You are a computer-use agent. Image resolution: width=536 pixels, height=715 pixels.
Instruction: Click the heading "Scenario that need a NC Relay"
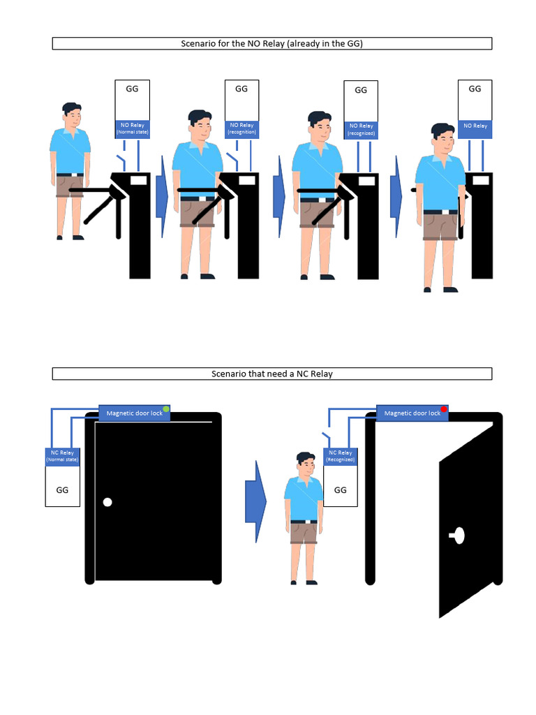point(272,374)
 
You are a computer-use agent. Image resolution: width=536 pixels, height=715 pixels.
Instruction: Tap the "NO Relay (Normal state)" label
point(132,128)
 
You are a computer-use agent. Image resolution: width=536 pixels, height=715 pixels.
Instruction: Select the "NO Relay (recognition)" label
point(242,128)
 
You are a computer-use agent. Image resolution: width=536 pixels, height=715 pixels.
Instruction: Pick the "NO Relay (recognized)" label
point(361,129)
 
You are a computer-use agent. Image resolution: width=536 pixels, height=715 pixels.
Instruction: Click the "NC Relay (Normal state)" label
point(62,456)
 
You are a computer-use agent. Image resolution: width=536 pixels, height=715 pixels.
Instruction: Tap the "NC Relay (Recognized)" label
point(341,456)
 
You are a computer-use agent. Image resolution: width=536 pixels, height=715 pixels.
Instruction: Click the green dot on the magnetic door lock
point(166,409)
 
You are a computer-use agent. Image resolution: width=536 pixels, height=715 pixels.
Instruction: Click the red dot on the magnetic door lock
point(444,409)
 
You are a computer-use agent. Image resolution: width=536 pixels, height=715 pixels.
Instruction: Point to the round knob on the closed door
point(107,502)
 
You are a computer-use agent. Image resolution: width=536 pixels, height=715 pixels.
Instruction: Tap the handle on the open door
point(458,536)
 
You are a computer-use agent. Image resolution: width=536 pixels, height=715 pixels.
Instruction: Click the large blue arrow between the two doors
point(255,501)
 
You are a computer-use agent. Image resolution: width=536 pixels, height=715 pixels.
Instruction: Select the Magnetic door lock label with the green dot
point(135,413)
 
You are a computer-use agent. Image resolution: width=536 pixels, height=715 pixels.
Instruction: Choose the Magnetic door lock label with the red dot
point(412,413)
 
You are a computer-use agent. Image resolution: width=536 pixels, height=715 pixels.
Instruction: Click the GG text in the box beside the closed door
point(62,490)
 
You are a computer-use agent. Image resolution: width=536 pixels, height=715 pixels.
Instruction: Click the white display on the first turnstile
point(139,181)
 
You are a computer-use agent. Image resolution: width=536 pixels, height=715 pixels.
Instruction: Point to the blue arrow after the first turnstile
point(162,196)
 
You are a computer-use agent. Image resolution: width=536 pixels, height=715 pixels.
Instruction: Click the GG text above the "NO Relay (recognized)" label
point(361,90)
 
